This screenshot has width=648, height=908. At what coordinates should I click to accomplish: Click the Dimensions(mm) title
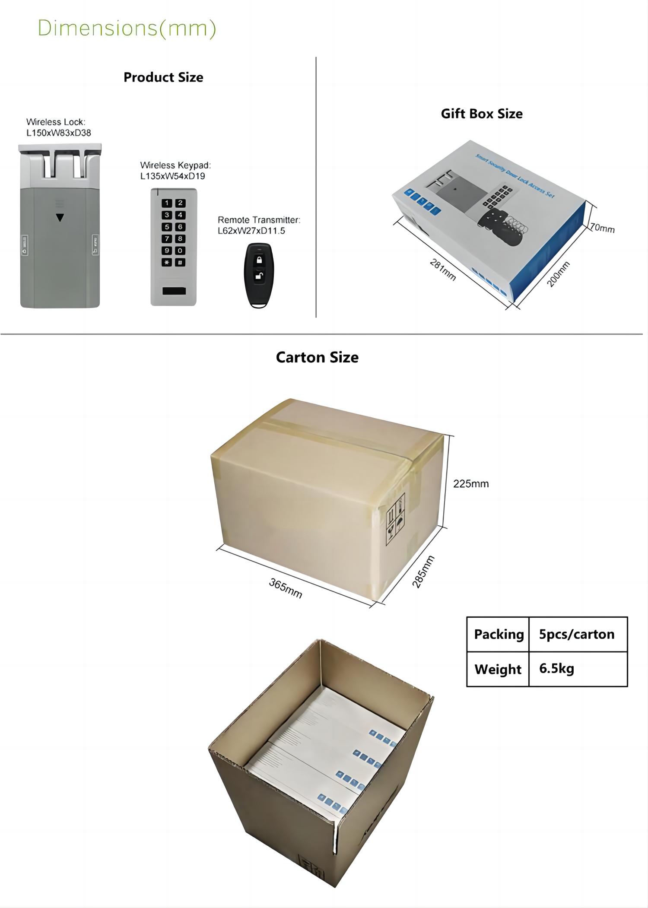127,29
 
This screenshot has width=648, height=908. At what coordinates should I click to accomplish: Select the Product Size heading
163,77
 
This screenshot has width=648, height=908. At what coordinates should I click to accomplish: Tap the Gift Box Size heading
482,114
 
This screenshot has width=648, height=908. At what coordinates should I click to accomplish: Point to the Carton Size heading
317,357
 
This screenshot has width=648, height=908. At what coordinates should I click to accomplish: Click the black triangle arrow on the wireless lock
60,218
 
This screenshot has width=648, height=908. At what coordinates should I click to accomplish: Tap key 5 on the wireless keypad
167,227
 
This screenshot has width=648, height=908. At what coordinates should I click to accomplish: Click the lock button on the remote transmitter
259,260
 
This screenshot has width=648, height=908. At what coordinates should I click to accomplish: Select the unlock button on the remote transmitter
259,275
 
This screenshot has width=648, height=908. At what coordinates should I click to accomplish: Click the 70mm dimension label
602,228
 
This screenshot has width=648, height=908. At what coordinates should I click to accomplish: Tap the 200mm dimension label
559,274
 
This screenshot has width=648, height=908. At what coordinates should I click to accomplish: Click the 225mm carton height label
471,484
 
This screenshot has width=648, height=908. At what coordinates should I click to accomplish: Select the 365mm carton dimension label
286,588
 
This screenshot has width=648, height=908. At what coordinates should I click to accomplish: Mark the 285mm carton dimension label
423,571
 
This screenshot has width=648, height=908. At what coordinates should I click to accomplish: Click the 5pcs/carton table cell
577,634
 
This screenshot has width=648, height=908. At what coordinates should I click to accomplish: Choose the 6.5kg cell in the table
557,669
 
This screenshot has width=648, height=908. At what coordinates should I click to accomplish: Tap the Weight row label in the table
498,669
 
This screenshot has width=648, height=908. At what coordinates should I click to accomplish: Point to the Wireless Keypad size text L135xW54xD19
172,176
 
